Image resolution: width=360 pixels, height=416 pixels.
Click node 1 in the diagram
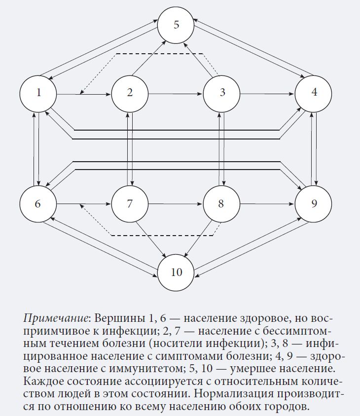(38, 93)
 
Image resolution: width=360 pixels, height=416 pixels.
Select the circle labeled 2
(130, 93)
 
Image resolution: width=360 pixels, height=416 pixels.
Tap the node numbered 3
(222, 93)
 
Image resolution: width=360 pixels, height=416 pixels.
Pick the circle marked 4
(314, 93)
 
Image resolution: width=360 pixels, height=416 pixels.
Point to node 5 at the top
(177, 26)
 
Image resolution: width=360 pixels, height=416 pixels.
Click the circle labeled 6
(38, 203)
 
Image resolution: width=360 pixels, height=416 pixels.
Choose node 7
(130, 203)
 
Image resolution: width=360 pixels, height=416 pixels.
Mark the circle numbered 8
(222, 203)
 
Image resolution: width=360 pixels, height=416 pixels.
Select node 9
(314, 203)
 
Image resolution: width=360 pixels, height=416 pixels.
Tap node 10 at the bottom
(177, 272)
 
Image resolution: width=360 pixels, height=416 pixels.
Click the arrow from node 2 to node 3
(176, 93)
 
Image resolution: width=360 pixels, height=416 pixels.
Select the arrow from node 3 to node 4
(267, 93)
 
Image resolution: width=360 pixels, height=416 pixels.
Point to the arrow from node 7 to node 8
(176, 203)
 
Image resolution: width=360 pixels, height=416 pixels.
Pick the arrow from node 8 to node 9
(267, 203)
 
